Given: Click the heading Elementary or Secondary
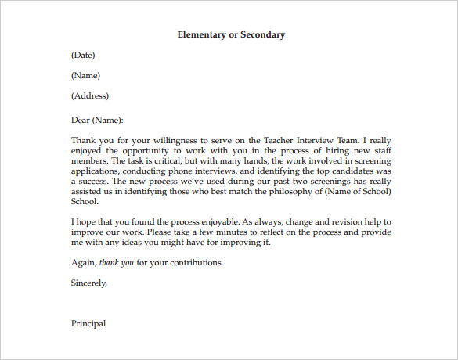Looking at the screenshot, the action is tap(231, 34).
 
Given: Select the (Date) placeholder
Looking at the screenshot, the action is tap(83, 55).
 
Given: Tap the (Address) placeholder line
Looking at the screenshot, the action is tap(89, 96).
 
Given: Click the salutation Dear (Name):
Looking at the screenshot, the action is tap(97, 121).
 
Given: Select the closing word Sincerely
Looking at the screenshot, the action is tap(88, 283).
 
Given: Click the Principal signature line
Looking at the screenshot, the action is tap(88, 323).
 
